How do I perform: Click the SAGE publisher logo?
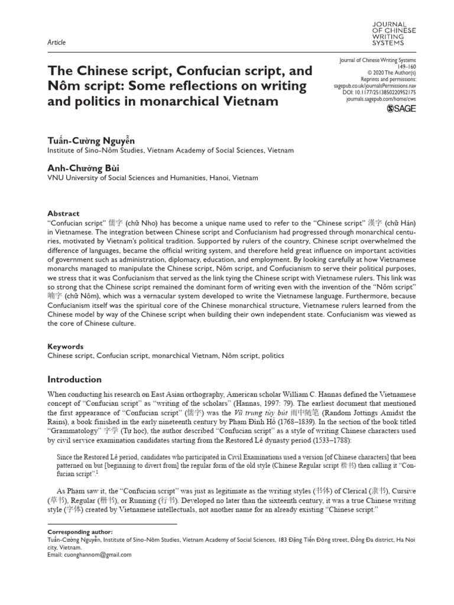[401, 109]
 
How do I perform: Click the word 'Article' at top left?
[56, 43]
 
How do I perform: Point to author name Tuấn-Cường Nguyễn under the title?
[90, 141]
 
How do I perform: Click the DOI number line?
[383, 93]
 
